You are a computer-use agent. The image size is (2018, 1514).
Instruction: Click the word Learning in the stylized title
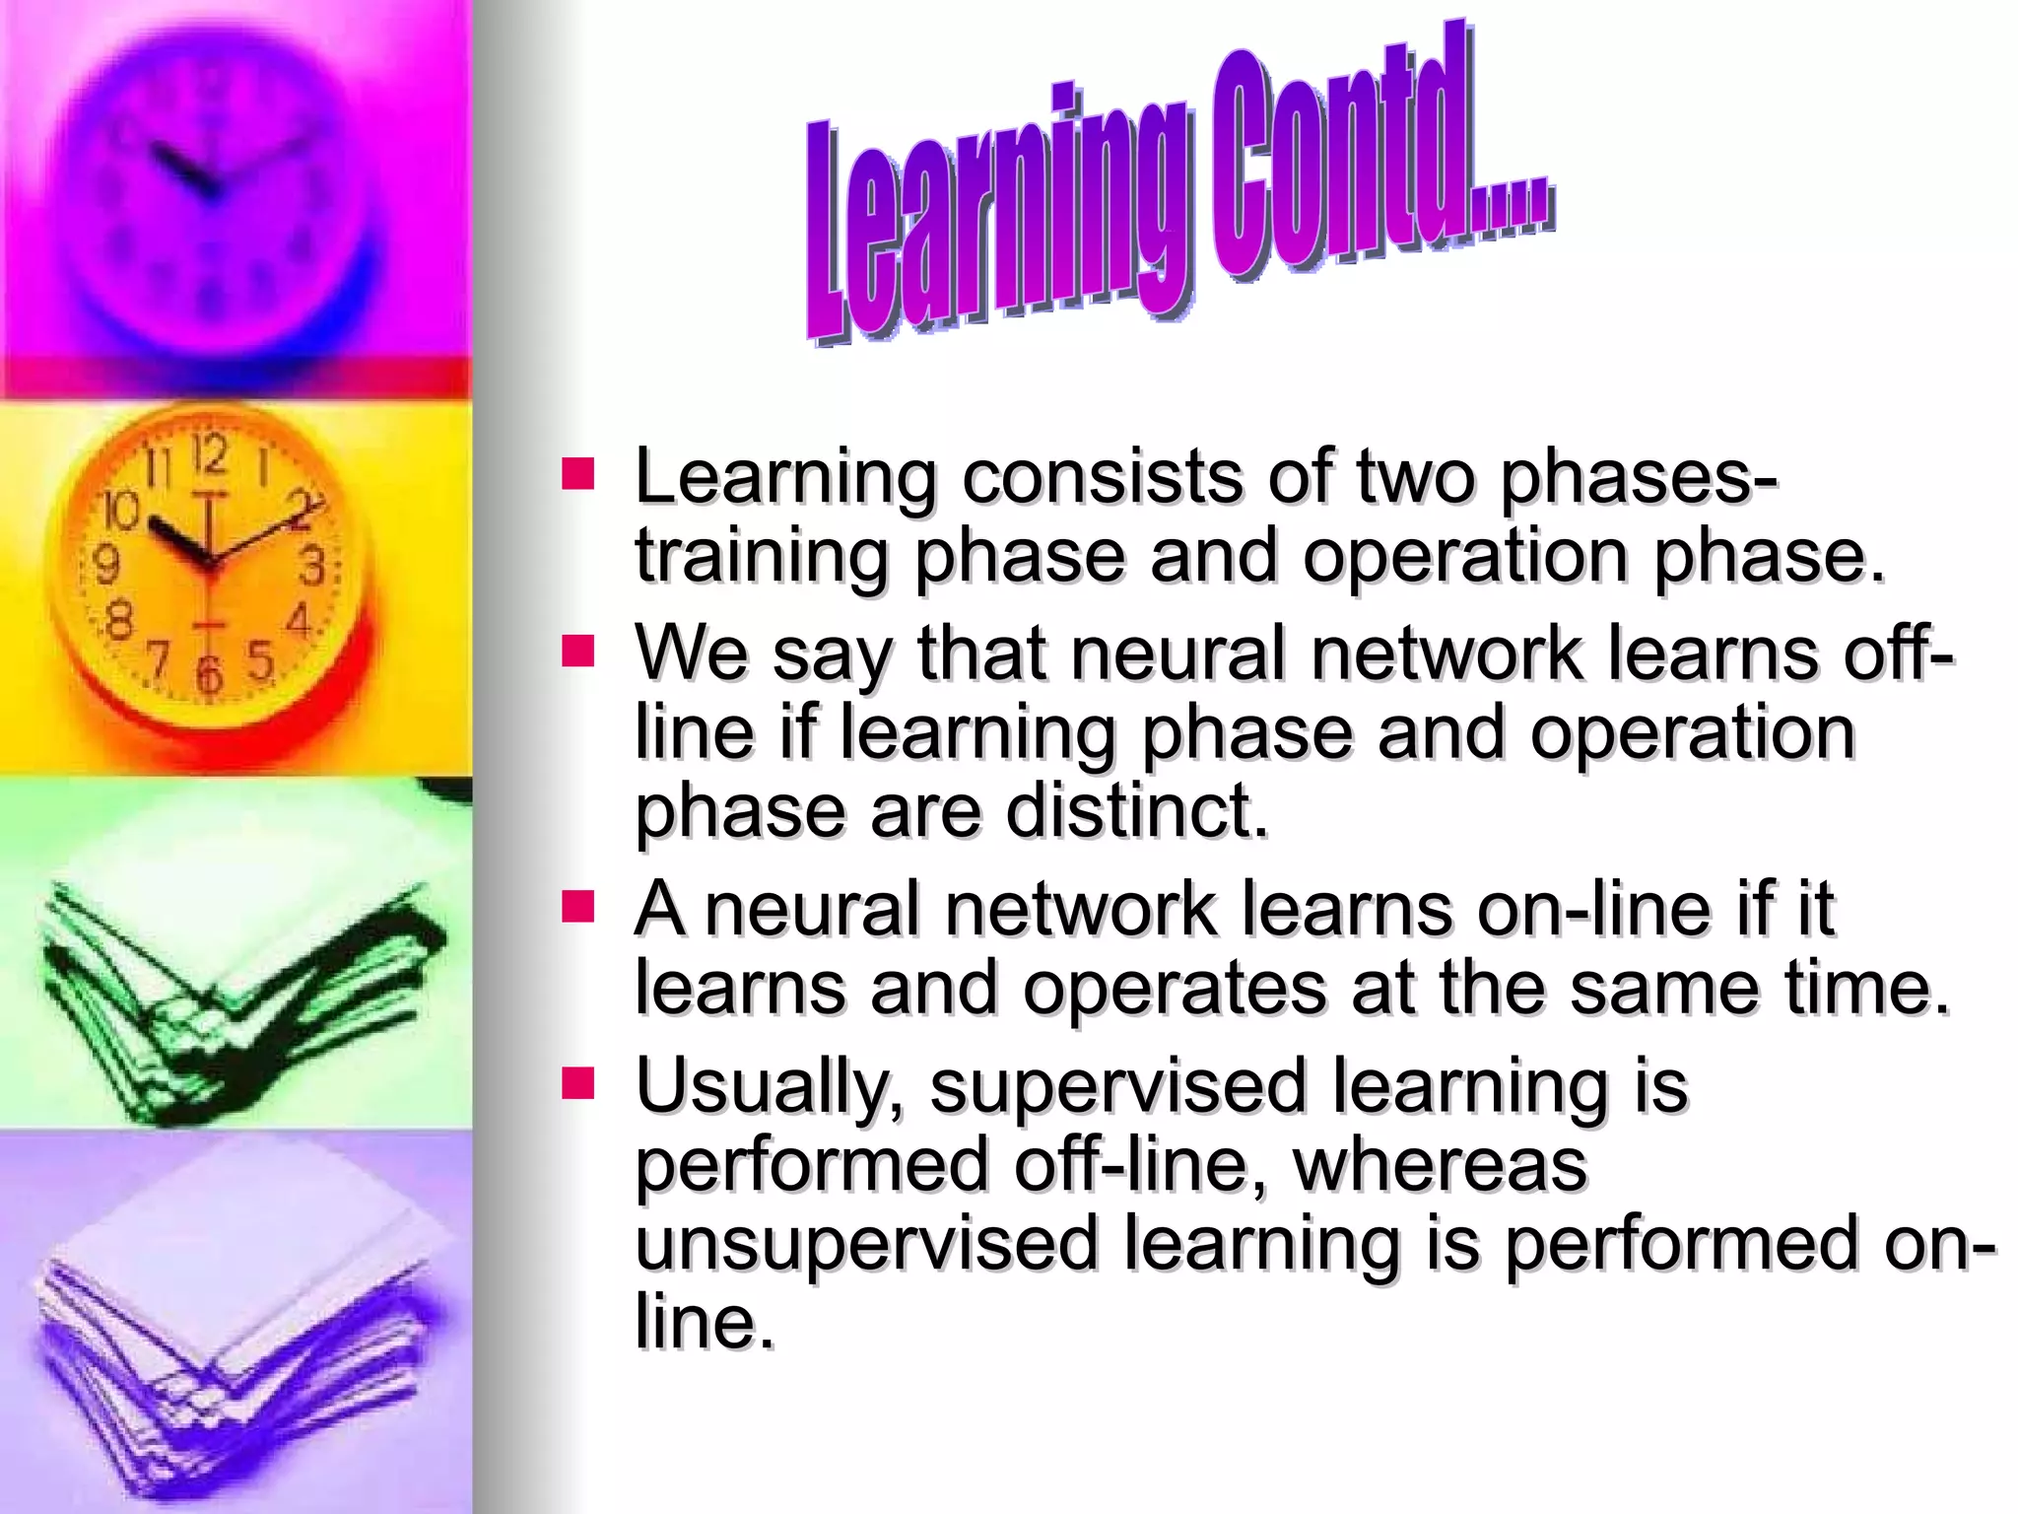995,217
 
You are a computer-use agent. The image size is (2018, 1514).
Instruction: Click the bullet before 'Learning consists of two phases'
578,474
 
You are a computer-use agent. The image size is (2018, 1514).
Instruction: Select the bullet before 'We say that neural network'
578,652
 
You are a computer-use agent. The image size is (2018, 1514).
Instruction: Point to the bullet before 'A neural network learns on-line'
578,907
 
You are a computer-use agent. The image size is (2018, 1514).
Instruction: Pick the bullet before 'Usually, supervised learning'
578,1083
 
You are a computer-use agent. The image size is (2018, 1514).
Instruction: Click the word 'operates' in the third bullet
1174,988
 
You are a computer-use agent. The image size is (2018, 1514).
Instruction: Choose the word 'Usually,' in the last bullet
770,1088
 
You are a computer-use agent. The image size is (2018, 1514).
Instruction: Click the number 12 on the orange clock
209,455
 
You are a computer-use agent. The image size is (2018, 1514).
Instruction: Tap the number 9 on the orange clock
105,565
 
